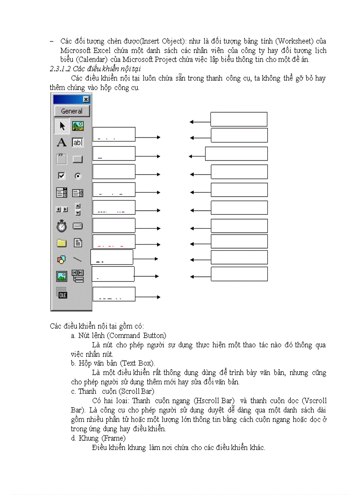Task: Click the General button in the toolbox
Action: coord(71,111)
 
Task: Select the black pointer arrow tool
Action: coord(62,127)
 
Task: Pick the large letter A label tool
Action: coord(62,142)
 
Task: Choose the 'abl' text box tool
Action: coord(78,142)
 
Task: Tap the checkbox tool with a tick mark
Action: coord(62,176)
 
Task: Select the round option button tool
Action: coord(78,176)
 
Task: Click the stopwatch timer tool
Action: coord(62,227)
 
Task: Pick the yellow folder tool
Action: coord(62,243)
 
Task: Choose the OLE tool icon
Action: coord(62,294)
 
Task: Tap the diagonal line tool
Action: coord(78,260)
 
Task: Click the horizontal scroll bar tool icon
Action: coord(62,209)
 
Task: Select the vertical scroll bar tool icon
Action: coord(78,209)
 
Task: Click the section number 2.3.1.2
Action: coord(60,68)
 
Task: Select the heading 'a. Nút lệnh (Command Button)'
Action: coord(118,336)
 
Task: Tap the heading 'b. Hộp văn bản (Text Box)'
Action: coord(112,363)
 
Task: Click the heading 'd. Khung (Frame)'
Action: coord(98,439)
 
